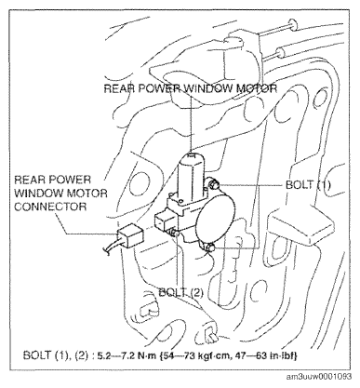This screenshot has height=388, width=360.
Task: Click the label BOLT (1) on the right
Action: click(x=308, y=185)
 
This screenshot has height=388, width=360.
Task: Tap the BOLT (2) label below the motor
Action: click(x=180, y=292)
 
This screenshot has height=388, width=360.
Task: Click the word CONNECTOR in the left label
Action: click(x=50, y=207)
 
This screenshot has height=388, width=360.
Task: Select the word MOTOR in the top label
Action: click(x=257, y=88)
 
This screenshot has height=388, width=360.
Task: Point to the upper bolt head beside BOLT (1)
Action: click(x=214, y=184)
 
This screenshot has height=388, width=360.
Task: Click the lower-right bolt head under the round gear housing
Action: click(x=210, y=248)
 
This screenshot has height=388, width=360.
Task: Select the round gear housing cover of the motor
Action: click(x=216, y=217)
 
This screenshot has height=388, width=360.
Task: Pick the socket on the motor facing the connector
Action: click(x=165, y=221)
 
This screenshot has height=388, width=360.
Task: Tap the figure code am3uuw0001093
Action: click(x=319, y=376)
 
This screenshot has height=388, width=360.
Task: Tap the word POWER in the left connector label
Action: click(x=69, y=180)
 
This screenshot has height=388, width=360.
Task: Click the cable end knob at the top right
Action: click(x=292, y=23)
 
